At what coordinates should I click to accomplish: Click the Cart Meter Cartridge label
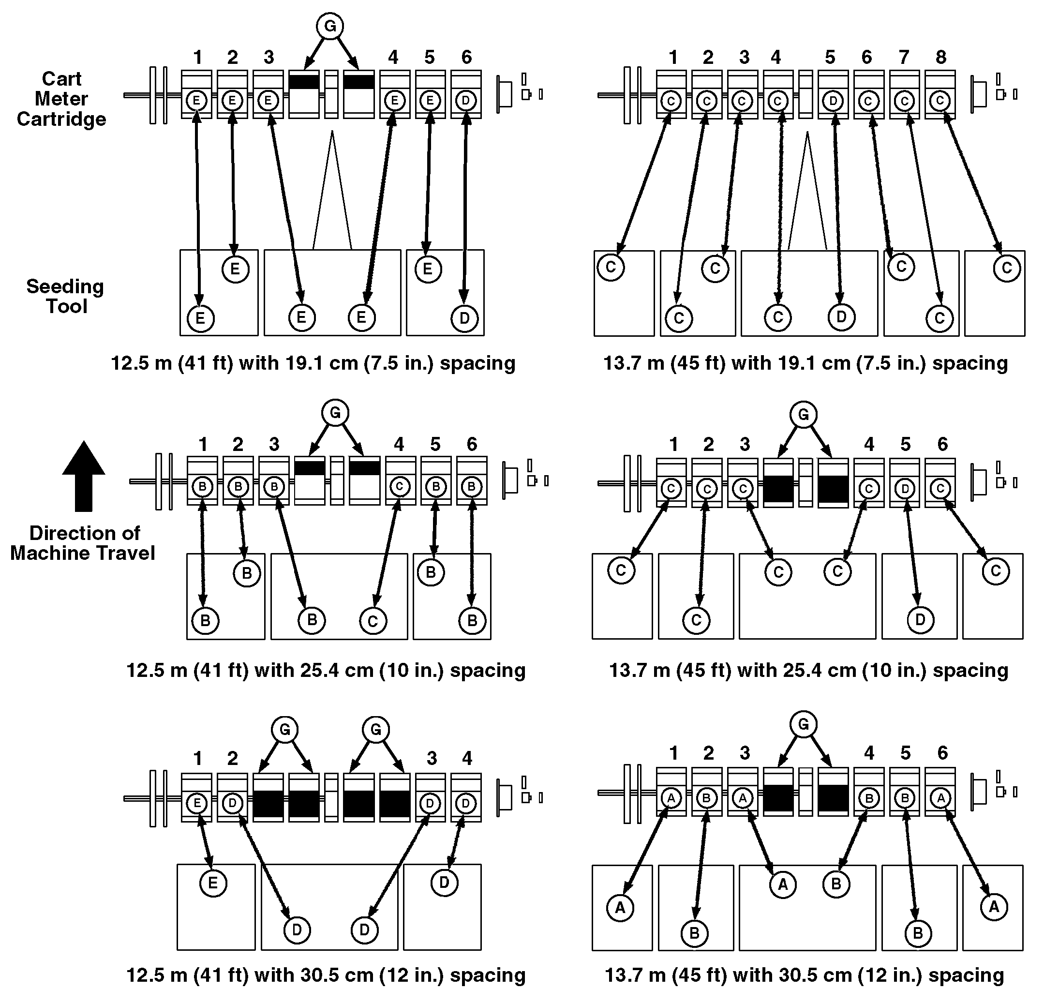click(x=61, y=99)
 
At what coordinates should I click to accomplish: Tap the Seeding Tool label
click(x=65, y=296)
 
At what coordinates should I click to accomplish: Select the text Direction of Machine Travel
click(x=83, y=543)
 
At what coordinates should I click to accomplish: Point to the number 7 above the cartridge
click(x=904, y=57)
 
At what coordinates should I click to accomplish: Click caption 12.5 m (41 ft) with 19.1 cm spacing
click(x=313, y=363)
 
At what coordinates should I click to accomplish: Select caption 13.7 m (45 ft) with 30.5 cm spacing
click(x=805, y=975)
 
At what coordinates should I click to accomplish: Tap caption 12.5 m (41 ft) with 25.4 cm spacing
click(x=326, y=670)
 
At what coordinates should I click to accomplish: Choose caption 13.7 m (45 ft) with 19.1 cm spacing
click(x=805, y=363)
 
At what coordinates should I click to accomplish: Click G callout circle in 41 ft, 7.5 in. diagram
click(x=330, y=26)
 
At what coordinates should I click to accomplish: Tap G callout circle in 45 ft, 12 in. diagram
click(x=803, y=724)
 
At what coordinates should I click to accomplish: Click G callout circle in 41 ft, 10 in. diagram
click(x=335, y=413)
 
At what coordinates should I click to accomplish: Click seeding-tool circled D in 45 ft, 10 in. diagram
click(x=920, y=620)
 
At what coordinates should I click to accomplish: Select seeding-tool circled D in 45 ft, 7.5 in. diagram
click(x=841, y=317)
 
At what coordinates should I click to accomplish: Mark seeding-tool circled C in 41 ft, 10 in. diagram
click(x=373, y=621)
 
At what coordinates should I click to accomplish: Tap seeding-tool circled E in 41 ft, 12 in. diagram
click(x=213, y=884)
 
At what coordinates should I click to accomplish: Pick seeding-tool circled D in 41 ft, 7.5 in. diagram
click(x=464, y=318)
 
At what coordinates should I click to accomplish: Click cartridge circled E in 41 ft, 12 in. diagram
click(x=197, y=803)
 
